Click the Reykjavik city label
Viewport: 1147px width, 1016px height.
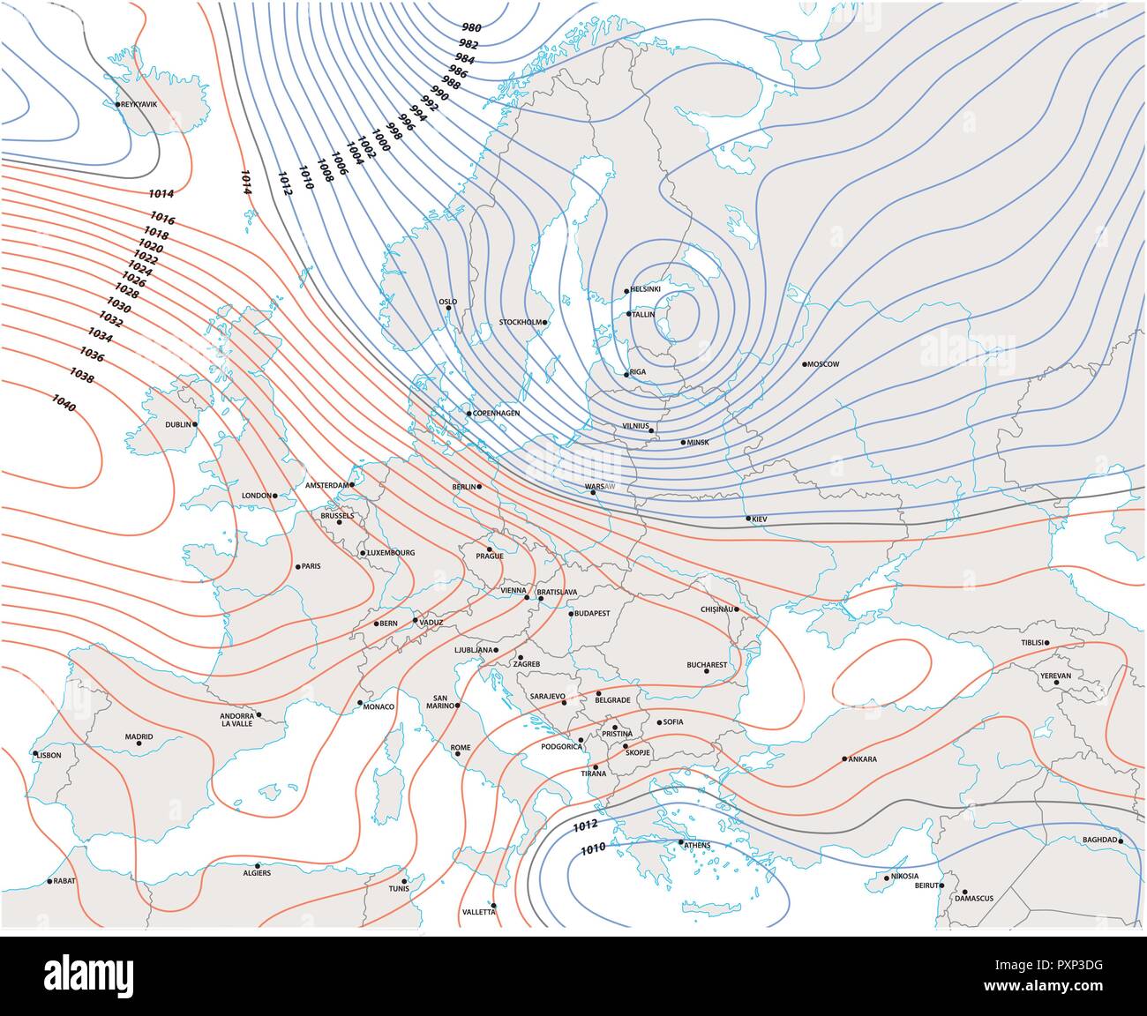tap(139, 104)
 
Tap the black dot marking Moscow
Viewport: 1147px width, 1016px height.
tap(805, 364)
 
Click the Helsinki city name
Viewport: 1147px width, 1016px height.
tap(646, 289)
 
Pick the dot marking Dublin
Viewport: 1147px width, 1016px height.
tap(195, 423)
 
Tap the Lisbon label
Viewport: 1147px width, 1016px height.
tap(49, 755)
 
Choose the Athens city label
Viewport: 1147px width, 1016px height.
tap(696, 846)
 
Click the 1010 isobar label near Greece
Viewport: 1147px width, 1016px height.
tap(592, 849)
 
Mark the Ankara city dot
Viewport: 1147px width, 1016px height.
tap(844, 758)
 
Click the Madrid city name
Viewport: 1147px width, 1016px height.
tap(139, 736)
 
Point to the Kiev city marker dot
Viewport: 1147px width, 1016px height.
tap(748, 519)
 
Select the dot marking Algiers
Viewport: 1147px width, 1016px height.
tap(257, 865)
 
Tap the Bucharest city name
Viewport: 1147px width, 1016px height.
tap(707, 664)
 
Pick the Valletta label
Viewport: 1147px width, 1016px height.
tap(479, 912)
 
